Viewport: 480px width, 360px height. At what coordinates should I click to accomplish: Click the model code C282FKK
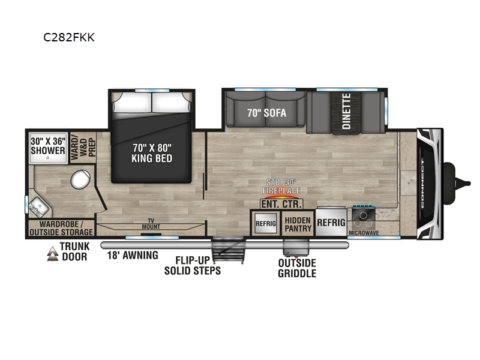pos(68,37)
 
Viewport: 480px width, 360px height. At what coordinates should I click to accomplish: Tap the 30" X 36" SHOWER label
pos(48,146)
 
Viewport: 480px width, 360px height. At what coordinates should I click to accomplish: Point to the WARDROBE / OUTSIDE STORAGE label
pos(61,228)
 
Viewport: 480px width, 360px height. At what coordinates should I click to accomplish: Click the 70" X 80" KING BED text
pos(152,152)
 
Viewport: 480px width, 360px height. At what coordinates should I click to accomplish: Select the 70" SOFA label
pos(266,113)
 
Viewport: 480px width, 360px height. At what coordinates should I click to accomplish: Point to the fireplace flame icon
pos(281,195)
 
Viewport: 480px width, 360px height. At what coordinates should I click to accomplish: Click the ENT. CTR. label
pos(282,205)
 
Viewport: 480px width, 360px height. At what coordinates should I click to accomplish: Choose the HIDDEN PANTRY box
pos(298,224)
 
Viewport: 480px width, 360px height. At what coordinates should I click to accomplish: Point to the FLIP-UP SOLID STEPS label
pos(193,266)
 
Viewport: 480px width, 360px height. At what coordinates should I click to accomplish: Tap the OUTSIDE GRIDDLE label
pos(296,268)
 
